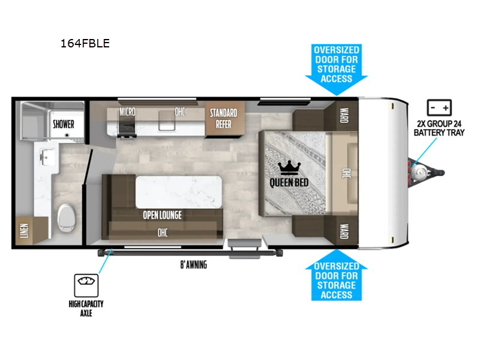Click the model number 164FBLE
(x=85, y=43)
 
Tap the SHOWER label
(x=64, y=124)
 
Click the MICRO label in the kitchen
(x=127, y=112)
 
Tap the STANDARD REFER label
(x=223, y=118)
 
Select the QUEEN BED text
(x=289, y=182)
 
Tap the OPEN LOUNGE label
(x=161, y=215)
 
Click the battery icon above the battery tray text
(x=439, y=108)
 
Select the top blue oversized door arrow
(x=336, y=69)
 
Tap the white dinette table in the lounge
(x=178, y=192)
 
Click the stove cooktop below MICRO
(x=127, y=128)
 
